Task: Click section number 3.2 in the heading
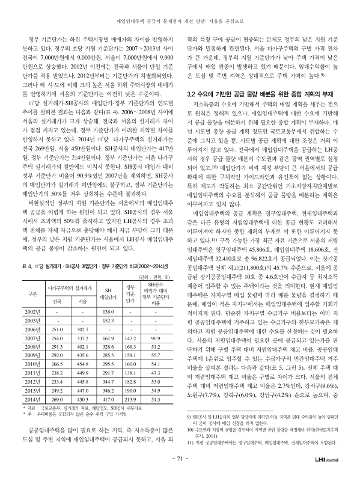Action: pos(194,94)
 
